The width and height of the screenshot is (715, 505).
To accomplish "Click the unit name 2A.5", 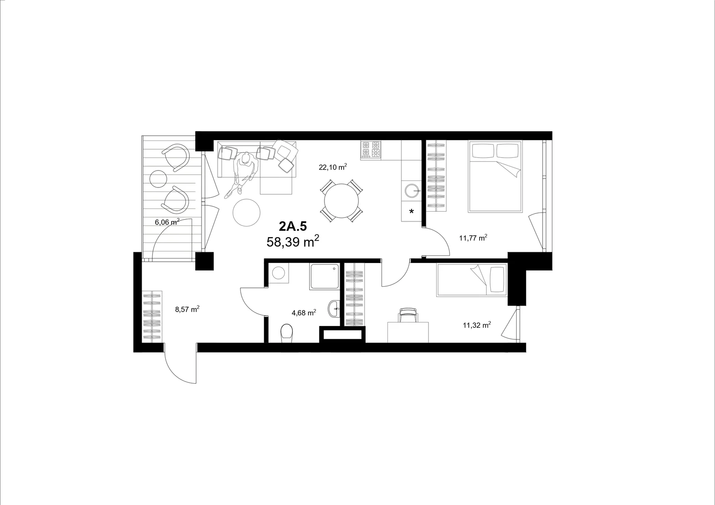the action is pos(293,226).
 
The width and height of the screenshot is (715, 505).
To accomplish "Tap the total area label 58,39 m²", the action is pos(293,242).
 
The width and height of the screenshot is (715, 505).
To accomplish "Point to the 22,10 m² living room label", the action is pos(332,167).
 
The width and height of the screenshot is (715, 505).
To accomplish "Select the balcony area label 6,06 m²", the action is pos(167,222).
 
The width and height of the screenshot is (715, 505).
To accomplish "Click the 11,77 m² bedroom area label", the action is pos(473,238).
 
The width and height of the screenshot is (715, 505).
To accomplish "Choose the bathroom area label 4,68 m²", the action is pos(304,313).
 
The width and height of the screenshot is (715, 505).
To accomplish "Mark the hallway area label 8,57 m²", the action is pos(187,309).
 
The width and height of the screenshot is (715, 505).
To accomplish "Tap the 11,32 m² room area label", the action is pos(477,325).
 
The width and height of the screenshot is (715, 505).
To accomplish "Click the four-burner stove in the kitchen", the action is pos(370,150).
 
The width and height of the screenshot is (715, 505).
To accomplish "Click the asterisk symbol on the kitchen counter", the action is pos(412,211).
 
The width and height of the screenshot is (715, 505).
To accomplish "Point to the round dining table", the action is pos(341,200).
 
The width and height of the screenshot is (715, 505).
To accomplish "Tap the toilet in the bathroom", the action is pos(286,333).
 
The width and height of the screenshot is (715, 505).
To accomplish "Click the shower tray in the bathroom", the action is pos(324,276).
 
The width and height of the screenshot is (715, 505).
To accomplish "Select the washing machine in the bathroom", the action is pos(278,273).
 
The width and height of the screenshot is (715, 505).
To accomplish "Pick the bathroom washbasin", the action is pos(334,309).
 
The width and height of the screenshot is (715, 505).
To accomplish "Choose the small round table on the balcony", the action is pos(158,179).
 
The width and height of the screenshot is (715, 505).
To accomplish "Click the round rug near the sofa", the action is pos(246,213).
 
